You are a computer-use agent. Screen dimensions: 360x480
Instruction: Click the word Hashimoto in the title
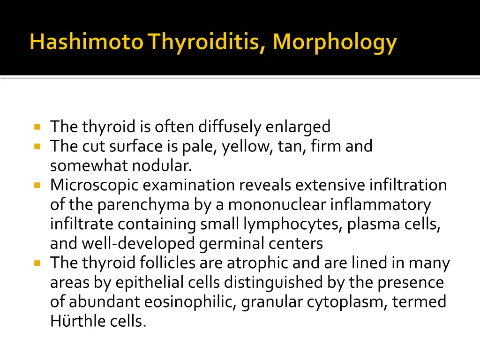point(87,43)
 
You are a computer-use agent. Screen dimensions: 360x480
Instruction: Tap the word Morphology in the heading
point(335,43)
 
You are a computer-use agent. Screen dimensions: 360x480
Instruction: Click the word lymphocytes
point(293,225)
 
